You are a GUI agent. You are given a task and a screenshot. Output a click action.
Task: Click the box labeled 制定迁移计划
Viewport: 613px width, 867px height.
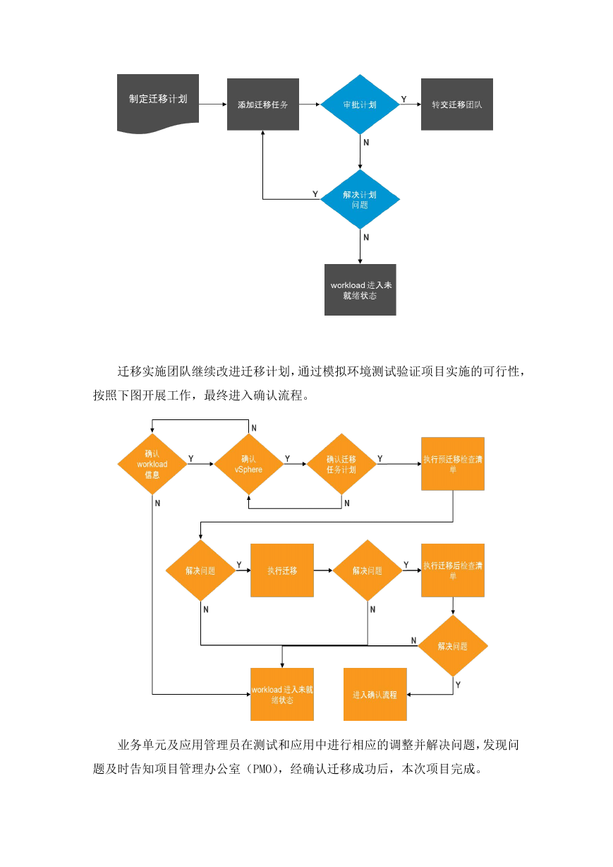click(158, 102)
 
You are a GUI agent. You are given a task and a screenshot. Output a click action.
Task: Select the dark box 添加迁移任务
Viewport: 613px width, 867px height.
click(263, 104)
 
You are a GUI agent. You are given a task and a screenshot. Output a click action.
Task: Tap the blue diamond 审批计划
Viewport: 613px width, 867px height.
click(360, 104)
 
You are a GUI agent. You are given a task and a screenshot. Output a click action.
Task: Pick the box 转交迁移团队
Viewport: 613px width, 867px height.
click(457, 104)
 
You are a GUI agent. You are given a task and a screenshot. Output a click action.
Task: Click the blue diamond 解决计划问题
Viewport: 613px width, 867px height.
click(360, 199)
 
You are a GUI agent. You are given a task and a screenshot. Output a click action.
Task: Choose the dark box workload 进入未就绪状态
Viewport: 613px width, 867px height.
click(360, 290)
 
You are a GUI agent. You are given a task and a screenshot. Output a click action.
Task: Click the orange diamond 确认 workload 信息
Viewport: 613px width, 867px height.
click(152, 464)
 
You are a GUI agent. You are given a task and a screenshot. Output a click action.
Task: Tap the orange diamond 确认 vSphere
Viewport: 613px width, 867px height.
click(249, 464)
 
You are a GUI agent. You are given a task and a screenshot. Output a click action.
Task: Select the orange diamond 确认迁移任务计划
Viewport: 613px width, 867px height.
click(341, 464)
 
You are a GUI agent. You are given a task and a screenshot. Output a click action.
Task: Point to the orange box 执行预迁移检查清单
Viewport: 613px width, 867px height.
click(453, 464)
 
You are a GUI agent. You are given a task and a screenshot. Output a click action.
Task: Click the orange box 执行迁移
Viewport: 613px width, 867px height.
click(282, 570)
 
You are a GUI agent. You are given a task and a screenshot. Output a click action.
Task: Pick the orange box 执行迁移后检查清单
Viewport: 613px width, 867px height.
click(453, 570)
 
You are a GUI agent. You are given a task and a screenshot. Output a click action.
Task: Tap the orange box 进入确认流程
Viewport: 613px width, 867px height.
click(375, 694)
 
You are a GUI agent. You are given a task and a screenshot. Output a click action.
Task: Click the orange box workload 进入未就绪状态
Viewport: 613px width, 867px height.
click(282, 694)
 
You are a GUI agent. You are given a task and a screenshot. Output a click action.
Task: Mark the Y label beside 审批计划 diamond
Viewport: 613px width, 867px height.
click(403, 99)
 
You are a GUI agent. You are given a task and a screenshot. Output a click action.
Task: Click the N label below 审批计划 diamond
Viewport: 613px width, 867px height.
click(366, 143)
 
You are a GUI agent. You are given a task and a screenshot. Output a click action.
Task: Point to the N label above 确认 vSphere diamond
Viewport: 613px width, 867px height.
click(254, 428)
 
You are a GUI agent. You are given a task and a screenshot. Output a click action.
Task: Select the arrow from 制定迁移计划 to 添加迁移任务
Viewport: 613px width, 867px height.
click(213, 104)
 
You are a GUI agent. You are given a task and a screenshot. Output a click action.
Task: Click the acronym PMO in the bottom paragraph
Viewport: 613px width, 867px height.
click(262, 769)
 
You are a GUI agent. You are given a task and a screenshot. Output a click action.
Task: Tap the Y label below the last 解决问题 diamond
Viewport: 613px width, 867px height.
click(458, 685)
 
